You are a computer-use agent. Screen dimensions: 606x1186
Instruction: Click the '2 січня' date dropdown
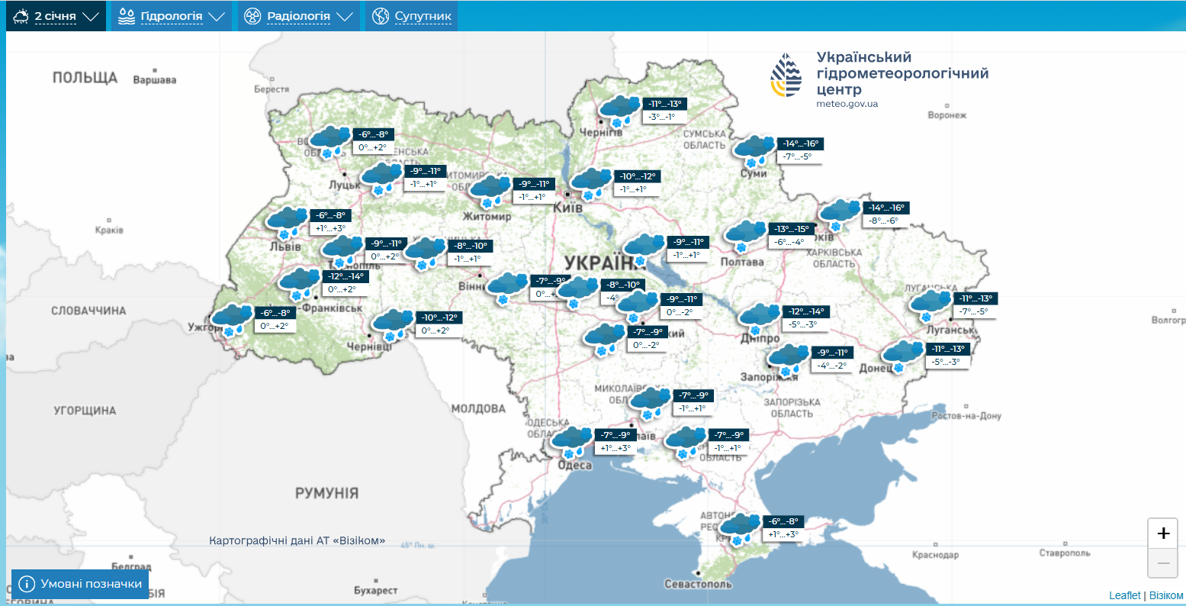click(56, 16)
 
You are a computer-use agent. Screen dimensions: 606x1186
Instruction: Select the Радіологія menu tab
click(298, 16)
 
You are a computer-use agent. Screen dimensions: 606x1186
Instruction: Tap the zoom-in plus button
click(1163, 533)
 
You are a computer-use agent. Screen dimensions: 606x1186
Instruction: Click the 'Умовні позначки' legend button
click(81, 584)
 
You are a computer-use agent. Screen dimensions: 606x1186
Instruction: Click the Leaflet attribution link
click(1124, 595)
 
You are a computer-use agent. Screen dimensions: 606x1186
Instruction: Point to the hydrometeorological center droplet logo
click(786, 75)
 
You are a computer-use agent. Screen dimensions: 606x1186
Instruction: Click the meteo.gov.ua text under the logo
click(847, 104)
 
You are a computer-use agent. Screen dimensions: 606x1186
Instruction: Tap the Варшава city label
click(155, 79)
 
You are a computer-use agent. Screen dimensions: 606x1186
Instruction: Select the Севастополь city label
click(698, 584)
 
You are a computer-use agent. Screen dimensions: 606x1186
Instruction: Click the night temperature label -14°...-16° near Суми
click(801, 143)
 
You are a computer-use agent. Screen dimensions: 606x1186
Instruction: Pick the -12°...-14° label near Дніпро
click(807, 311)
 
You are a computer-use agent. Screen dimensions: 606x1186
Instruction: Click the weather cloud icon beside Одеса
click(571, 441)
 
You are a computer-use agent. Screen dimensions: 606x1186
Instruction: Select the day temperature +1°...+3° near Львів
click(330, 228)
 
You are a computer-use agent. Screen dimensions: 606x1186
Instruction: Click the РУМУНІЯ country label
click(326, 493)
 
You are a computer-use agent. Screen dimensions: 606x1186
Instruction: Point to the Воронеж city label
click(947, 115)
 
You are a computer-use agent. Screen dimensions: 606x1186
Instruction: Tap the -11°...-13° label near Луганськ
click(976, 298)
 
